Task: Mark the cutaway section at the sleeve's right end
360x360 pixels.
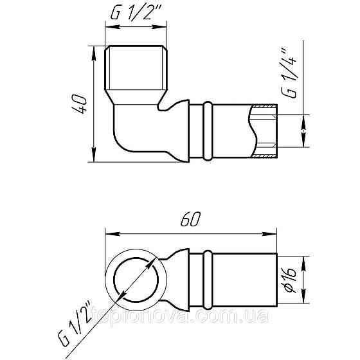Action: tap(264, 132)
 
